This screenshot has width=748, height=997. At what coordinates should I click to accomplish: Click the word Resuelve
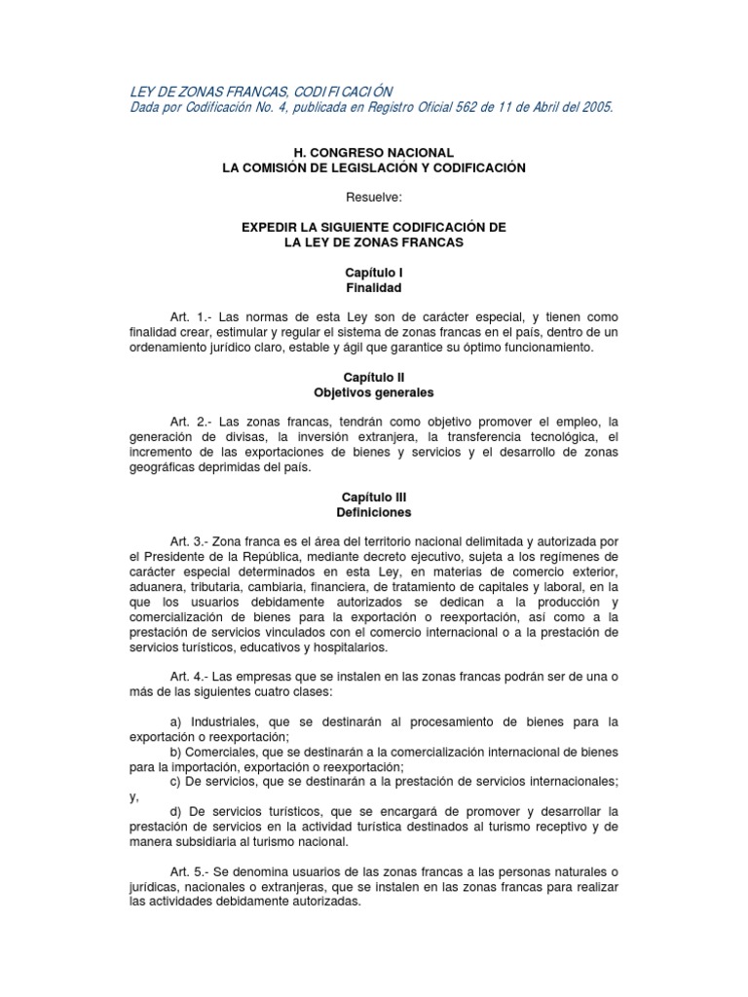374,198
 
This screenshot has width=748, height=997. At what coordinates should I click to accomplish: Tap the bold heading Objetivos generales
374,393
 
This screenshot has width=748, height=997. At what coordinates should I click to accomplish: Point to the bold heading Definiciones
374,512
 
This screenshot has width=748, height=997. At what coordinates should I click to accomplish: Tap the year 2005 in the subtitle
595,107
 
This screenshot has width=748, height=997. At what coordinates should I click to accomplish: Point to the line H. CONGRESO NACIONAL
374,153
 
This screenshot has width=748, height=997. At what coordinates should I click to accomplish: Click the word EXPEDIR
272,227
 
